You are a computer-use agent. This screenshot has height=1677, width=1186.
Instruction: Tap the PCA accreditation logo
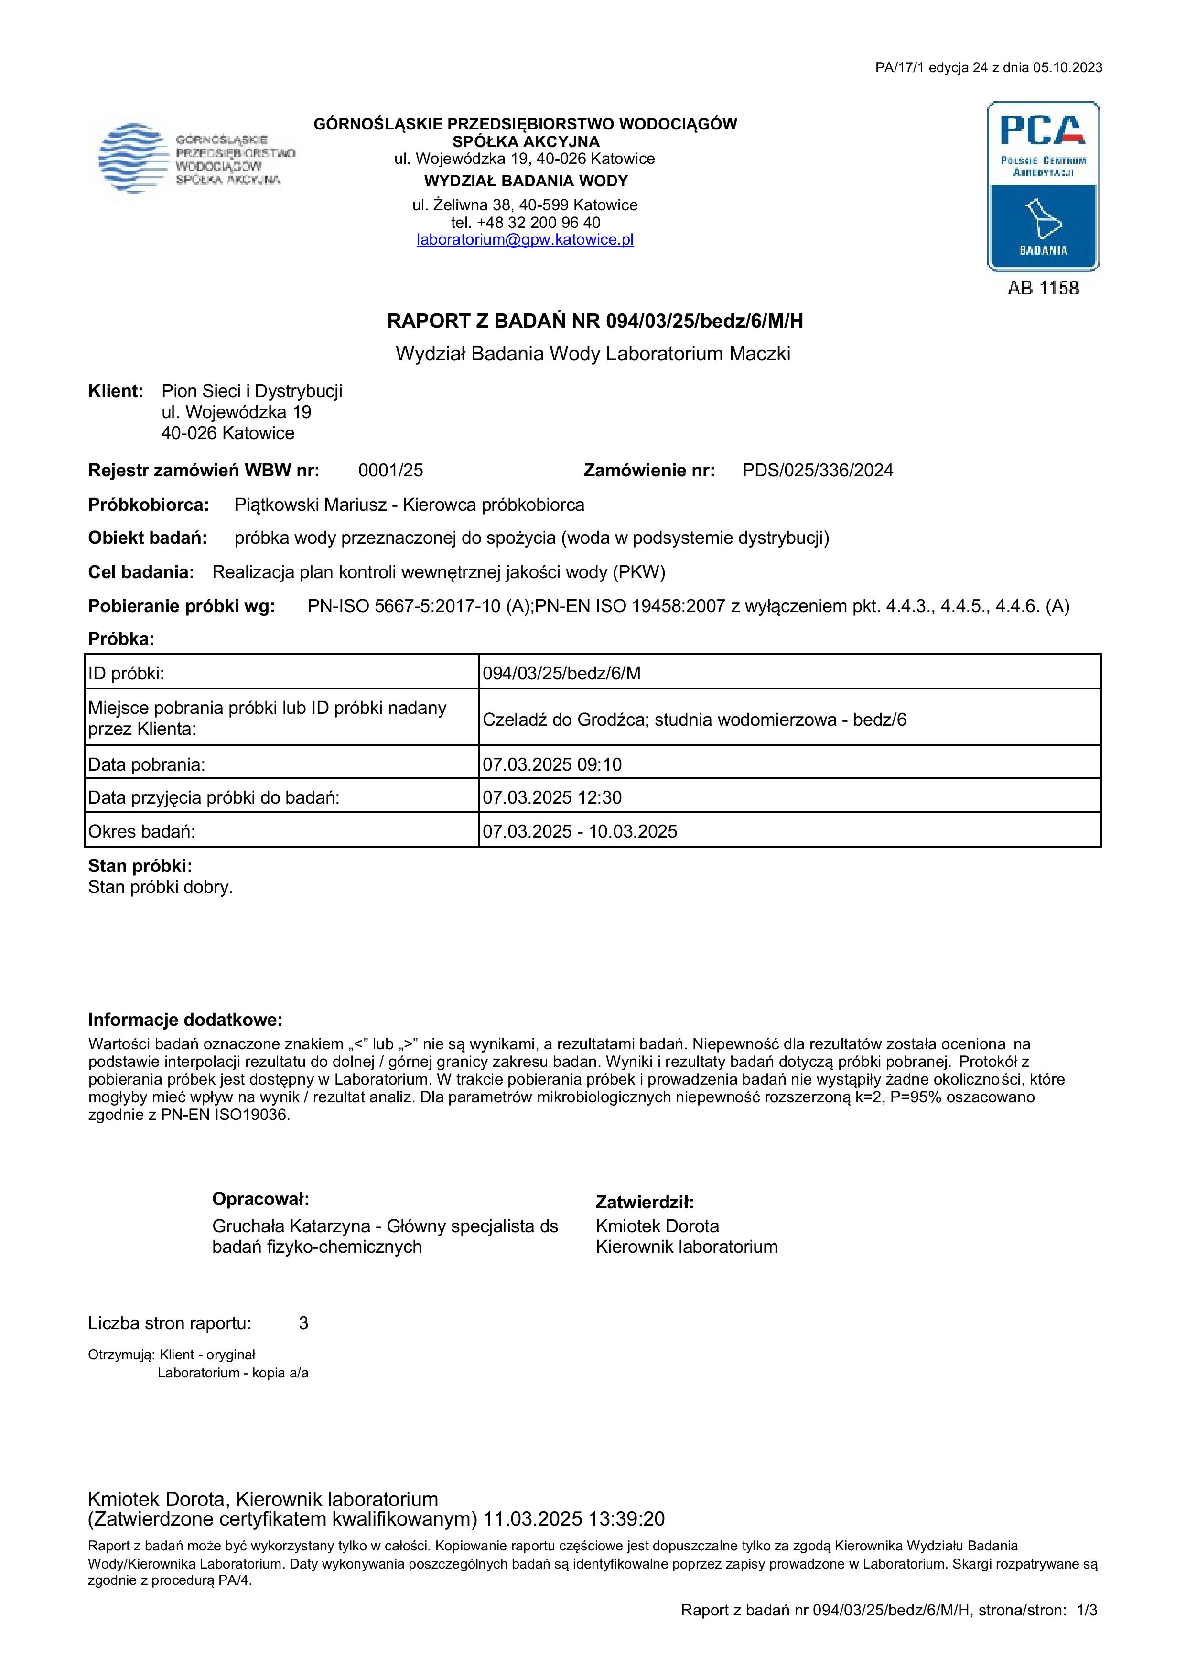[x=1043, y=186]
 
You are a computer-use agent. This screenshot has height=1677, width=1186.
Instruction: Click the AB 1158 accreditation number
[x=1043, y=289]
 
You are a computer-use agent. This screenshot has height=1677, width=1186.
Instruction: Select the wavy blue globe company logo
[x=131, y=158]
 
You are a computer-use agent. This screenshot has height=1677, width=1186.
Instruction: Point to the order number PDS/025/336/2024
[x=817, y=471]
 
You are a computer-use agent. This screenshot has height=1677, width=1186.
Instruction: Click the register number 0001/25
[x=391, y=471]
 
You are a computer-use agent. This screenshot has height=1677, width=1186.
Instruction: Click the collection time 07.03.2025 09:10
[x=552, y=765]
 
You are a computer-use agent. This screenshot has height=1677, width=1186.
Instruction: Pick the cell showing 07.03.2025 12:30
[x=552, y=797]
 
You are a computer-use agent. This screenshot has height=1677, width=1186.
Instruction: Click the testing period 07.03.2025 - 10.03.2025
[x=580, y=831]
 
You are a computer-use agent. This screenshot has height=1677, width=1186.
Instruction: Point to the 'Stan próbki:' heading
[x=140, y=866]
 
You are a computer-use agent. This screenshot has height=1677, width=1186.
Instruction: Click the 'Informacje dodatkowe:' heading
[x=185, y=1020]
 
